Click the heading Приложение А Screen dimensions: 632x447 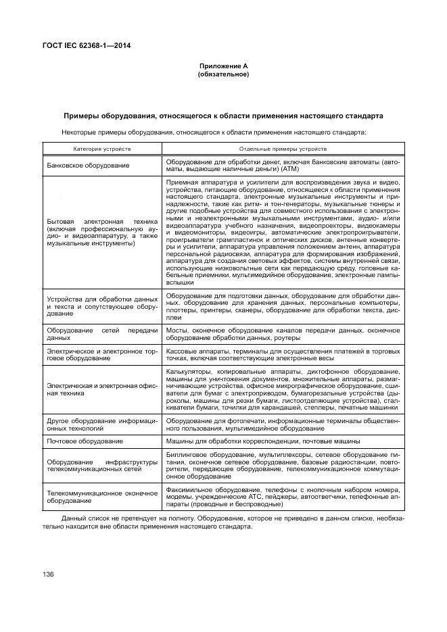pyautogui.click(x=223, y=66)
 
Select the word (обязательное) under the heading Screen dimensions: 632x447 pyautogui.click(x=223, y=74)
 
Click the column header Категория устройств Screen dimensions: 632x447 pyautogui.click(x=102, y=148)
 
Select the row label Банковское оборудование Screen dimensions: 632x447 pyautogui.click(x=87, y=165)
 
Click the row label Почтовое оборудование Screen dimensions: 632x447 pyautogui.click(x=85, y=441)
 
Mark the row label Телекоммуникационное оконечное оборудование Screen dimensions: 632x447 pyautogui.click(x=101, y=497)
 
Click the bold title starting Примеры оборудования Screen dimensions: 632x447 pyautogui.click(x=223, y=116)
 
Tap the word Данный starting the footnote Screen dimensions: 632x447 pyautogui.click(x=74, y=517)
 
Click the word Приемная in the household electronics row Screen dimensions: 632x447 pyautogui.click(x=182, y=183)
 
